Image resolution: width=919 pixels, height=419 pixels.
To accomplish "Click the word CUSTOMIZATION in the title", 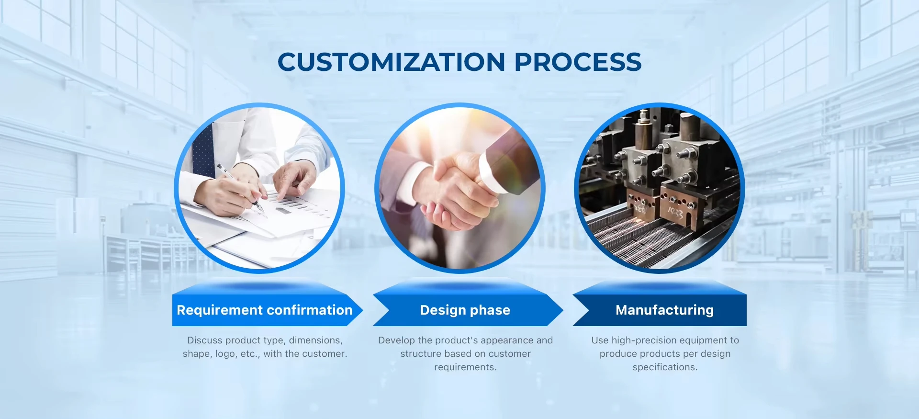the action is pyautogui.click(x=392, y=62).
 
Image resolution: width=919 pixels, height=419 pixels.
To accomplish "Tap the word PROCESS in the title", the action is pyautogui.click(x=578, y=62).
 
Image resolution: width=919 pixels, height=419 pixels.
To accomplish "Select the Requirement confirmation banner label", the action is pyautogui.click(x=265, y=310).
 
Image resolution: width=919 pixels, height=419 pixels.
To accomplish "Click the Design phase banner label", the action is pyautogui.click(x=465, y=310).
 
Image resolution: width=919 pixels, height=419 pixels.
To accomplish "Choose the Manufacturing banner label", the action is pyautogui.click(x=664, y=310).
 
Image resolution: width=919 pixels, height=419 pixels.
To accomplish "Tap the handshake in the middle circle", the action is pyautogui.click(x=455, y=192).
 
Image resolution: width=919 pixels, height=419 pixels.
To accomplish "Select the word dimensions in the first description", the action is pyautogui.click(x=315, y=340).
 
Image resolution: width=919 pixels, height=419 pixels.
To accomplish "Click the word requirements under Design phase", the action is pyautogui.click(x=465, y=367).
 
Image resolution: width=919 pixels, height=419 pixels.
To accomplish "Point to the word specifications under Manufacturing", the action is pyautogui.click(x=665, y=367).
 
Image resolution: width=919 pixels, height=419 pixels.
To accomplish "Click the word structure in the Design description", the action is pyautogui.click(x=421, y=354).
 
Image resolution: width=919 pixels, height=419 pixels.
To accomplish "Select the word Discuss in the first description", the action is pyautogui.click(x=204, y=340).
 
